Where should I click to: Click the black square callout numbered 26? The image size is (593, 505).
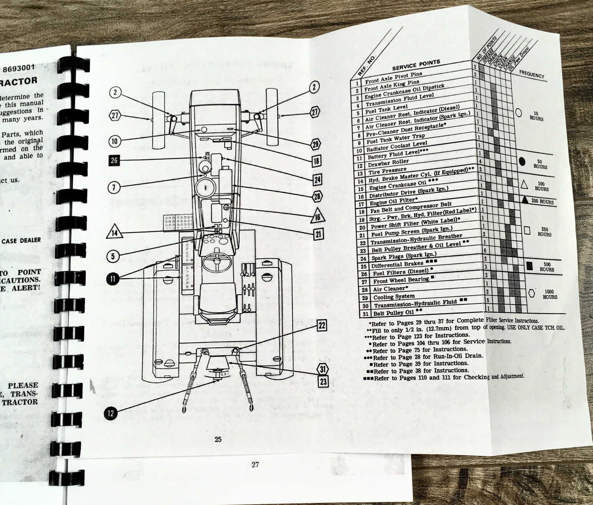coord(114,160)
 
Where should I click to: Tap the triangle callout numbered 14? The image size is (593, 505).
coord(115,233)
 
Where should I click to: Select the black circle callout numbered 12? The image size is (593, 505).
coord(110,413)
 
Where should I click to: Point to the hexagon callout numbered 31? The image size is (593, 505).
coord(323,369)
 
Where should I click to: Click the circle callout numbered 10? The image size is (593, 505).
coord(115,141)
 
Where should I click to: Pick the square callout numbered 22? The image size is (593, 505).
coord(322,325)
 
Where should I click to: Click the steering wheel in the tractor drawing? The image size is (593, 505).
coord(215,261)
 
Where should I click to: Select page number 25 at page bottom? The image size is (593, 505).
coord(218,439)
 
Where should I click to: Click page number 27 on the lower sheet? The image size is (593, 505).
coord(255,464)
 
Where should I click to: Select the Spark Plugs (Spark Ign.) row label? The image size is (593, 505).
coord(404,256)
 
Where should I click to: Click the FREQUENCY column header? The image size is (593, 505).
coord(531,74)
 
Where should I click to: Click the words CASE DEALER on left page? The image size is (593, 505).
coord(21,240)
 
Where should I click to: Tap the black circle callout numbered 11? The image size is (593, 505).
coord(112,279)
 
